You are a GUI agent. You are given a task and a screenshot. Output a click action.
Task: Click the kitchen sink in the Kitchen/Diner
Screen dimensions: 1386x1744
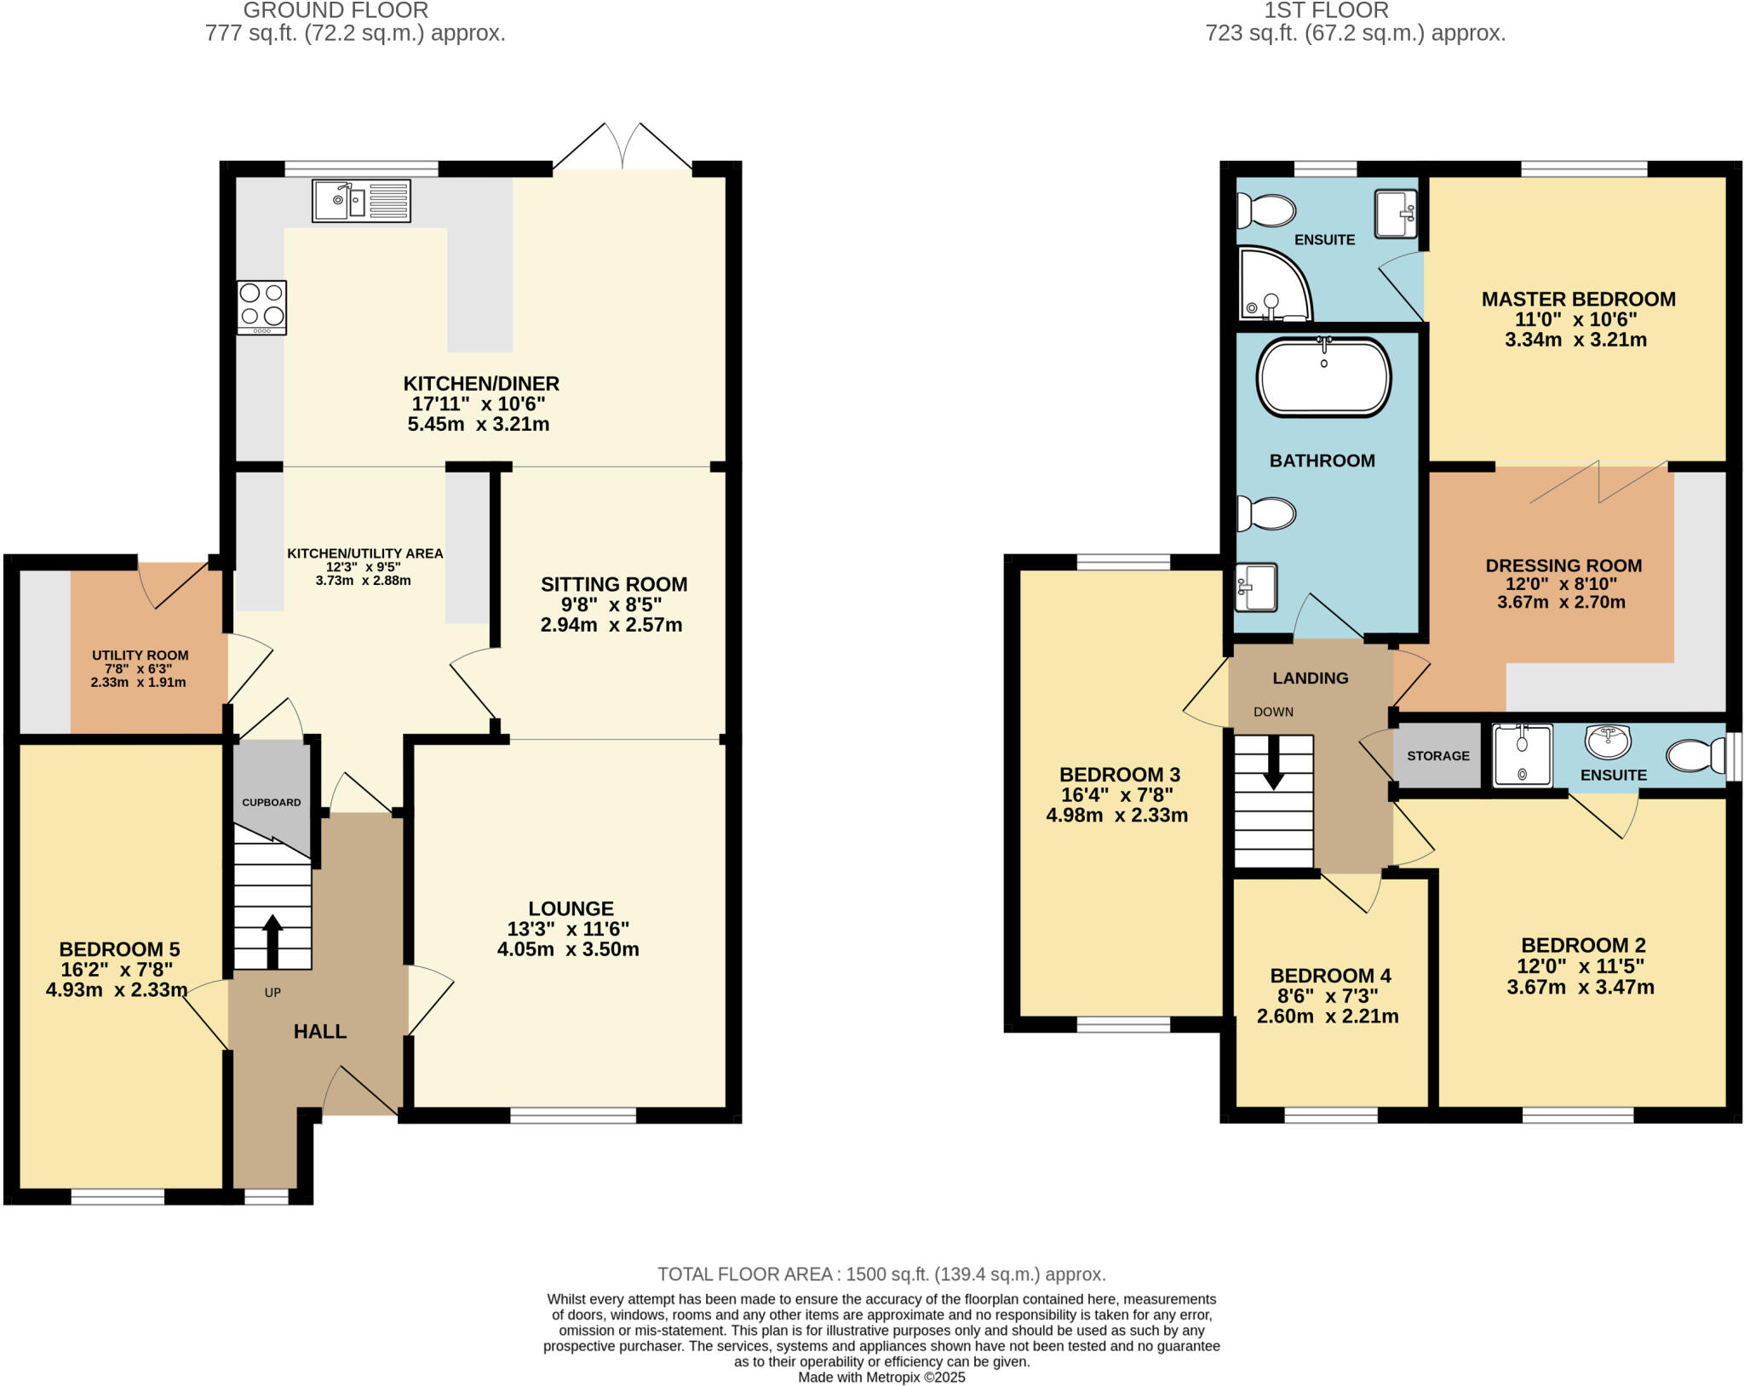361,201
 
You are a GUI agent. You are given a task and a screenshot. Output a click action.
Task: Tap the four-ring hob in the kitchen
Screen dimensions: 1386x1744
261,307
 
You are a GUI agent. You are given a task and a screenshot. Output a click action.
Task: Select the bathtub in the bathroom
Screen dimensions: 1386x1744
1323,378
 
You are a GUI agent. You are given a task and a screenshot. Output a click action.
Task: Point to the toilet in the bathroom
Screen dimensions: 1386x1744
1266,513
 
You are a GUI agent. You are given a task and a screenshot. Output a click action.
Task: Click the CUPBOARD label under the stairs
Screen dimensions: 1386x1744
272,802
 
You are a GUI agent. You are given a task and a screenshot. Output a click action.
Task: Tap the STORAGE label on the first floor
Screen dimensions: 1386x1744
1437,756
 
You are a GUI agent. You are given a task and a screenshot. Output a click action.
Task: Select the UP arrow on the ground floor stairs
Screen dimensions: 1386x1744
272,941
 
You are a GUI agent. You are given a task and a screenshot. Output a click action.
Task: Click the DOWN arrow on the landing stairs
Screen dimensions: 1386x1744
1274,762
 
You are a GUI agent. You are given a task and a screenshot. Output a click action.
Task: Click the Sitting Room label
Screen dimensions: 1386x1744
614,584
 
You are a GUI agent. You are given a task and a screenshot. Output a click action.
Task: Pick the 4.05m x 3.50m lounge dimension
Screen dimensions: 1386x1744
568,949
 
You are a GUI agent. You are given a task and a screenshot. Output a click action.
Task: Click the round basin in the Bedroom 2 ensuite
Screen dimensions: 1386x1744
1608,740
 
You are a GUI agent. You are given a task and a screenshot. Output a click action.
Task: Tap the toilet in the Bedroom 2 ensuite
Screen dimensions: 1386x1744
1695,755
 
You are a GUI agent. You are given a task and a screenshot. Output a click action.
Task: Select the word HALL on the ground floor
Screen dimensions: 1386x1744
319,1032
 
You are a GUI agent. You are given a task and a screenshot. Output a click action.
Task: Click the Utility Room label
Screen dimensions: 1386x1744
141,656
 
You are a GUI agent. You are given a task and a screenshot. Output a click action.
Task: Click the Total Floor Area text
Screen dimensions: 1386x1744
881,1274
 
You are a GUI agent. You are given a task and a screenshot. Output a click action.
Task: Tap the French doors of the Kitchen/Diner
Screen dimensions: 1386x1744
622,149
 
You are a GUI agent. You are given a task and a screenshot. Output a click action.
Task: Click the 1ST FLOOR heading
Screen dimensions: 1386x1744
1326,10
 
